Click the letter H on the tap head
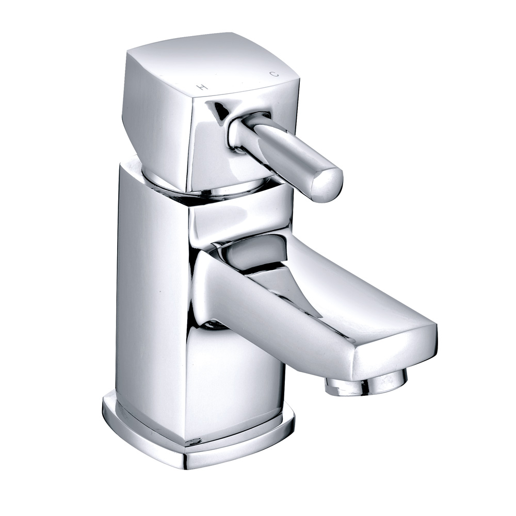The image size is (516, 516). (203, 88)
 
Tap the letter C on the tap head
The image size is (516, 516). (275, 74)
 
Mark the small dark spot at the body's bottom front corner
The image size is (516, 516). (195, 442)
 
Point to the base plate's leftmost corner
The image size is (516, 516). (105, 408)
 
